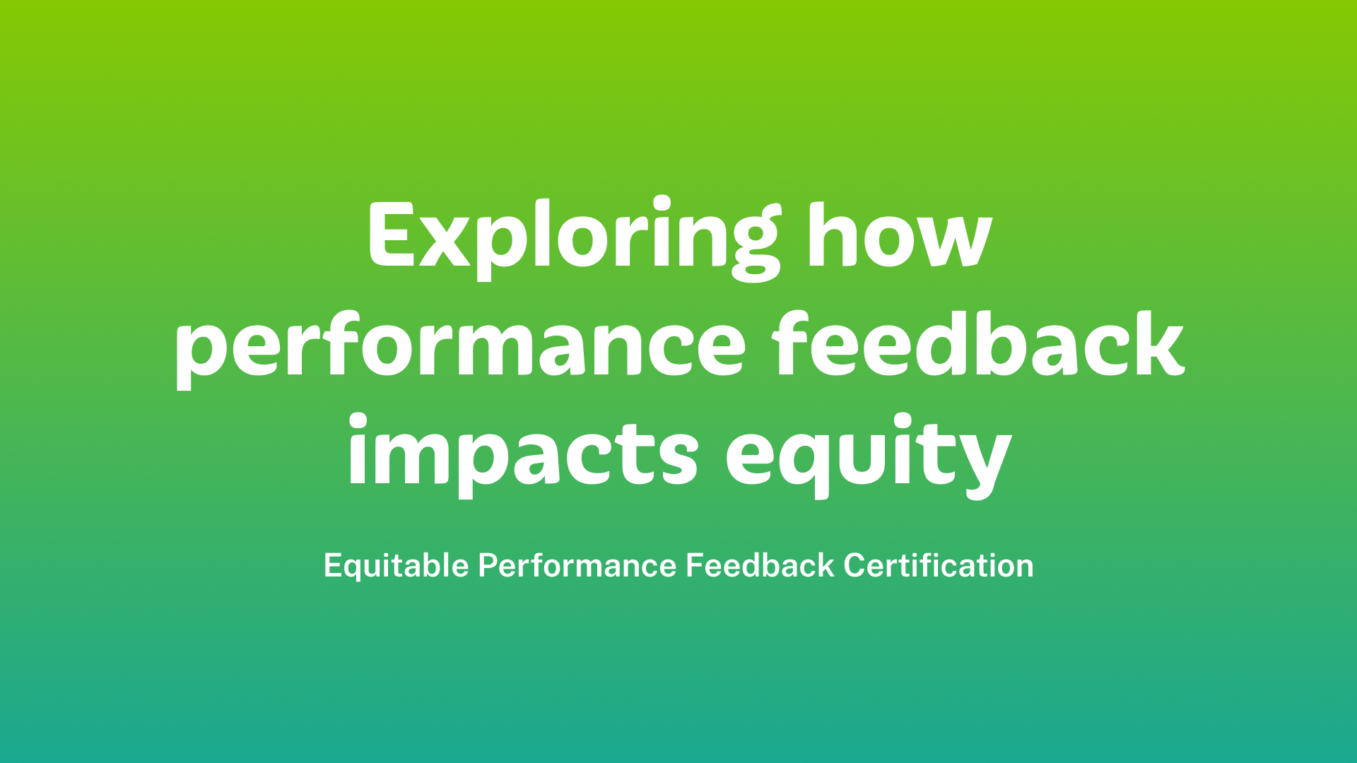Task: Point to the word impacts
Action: coord(523,453)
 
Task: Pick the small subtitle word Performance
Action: coord(577,566)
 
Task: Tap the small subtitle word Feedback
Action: coord(760,566)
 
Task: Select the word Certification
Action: coord(939,566)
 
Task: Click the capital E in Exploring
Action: coord(391,235)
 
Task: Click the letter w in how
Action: coord(953,244)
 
